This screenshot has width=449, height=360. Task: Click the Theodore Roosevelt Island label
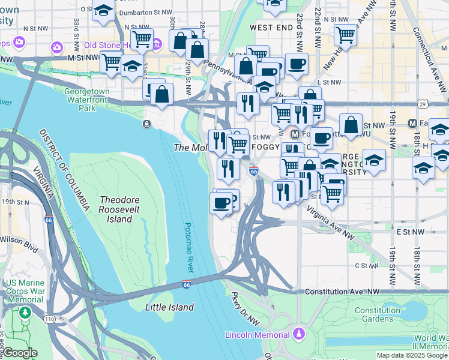coord(116,209)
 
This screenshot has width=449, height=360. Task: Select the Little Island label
coord(169,307)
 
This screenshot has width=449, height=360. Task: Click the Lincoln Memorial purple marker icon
coord(298,334)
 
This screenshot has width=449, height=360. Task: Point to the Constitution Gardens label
coord(378,314)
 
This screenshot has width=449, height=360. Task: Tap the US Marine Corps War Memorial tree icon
coord(25,313)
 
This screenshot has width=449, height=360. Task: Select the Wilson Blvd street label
coord(19,245)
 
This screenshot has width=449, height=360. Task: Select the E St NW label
coord(410,231)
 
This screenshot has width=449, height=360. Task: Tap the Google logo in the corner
coord(20,353)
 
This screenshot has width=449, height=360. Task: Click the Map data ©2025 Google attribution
coord(412,355)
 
